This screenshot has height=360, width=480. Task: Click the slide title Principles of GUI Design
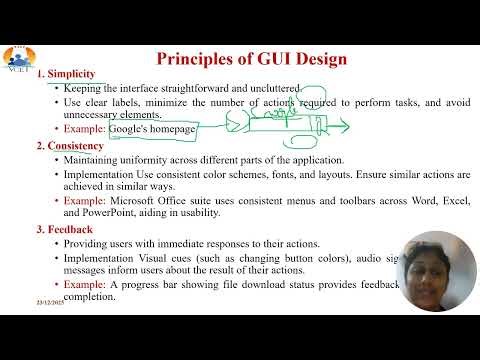pos(254,57)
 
